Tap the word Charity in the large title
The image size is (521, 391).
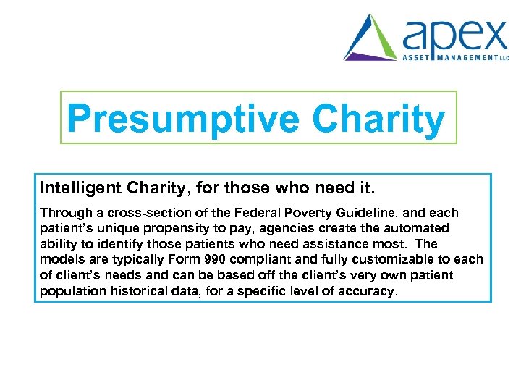click(x=378, y=119)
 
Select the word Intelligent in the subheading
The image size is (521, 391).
click(x=80, y=189)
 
